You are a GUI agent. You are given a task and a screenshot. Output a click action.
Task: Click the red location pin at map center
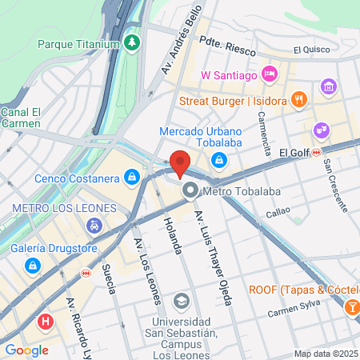(x=180, y=162)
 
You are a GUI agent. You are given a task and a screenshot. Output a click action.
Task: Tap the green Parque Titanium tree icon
(x=132, y=42)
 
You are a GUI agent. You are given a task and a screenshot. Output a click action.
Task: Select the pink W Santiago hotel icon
(x=270, y=75)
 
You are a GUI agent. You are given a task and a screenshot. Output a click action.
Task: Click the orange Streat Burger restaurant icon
(x=298, y=100)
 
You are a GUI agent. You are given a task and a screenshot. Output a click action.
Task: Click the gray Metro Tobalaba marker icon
(x=190, y=190)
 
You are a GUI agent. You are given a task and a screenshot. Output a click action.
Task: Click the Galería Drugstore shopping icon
(x=32, y=264)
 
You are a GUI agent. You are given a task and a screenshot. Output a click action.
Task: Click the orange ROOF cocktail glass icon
(x=351, y=306)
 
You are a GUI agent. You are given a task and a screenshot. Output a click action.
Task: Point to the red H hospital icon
(x=46, y=322)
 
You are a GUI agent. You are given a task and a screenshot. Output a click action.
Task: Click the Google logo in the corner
(x=26, y=350)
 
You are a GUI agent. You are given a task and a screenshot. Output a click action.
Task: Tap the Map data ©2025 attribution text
(x=326, y=354)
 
